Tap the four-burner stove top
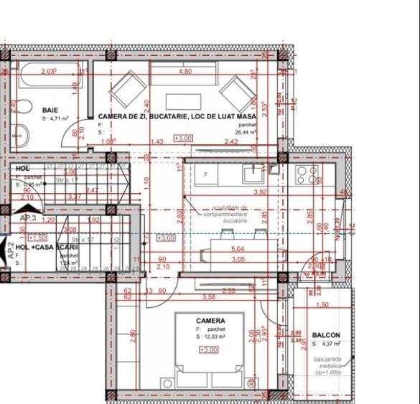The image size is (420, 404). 307,174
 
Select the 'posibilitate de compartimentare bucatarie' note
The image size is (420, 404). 225,214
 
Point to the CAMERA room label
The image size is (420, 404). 210,321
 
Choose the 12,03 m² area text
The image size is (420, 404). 210,336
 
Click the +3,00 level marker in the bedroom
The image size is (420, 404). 209,349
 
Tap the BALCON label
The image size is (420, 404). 326,335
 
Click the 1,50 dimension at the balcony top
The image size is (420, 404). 322,305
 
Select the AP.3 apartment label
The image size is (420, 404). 28,218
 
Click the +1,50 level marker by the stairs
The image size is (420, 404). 37,237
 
